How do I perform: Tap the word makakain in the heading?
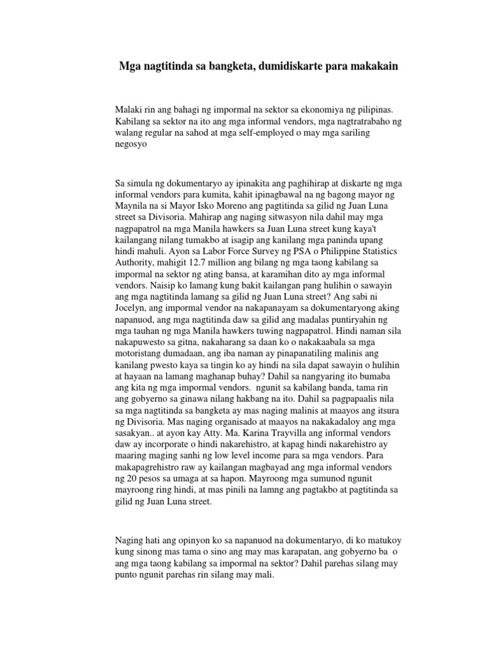(374, 66)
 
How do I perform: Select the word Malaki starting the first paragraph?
(129, 109)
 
